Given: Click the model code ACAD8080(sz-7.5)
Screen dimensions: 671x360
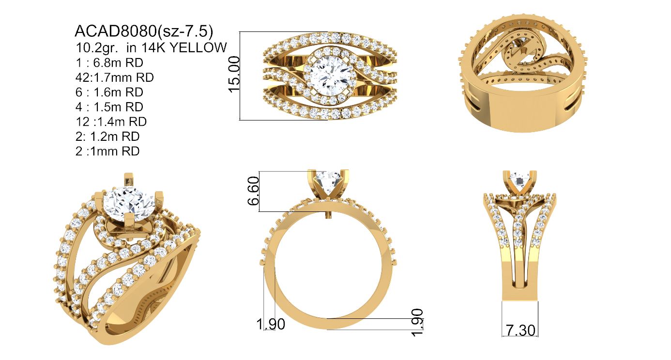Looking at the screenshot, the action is (x=144, y=31).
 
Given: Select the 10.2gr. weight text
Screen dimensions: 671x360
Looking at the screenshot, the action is (x=97, y=47).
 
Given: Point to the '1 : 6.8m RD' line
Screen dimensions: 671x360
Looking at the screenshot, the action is (x=109, y=62).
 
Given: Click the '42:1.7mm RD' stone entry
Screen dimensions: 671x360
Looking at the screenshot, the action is (x=115, y=77).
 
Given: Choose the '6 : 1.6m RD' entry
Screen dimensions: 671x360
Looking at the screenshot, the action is (x=109, y=92).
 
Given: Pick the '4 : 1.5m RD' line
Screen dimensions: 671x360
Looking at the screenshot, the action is (x=109, y=106).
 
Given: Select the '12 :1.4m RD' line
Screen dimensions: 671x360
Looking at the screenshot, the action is (x=111, y=121).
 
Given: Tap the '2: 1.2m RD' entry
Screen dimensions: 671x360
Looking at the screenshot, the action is (x=107, y=136).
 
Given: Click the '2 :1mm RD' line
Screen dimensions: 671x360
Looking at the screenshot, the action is (x=107, y=151).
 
